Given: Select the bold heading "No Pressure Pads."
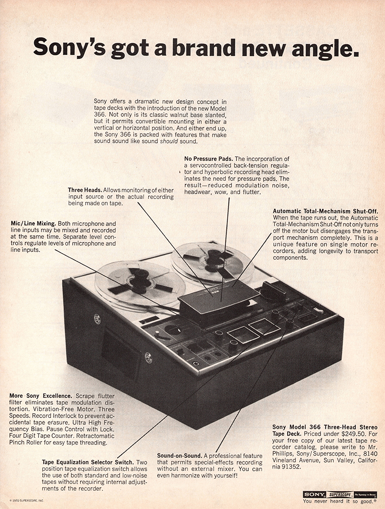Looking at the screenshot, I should pos(208,159).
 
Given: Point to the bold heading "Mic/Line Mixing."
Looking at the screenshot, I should pos(33,223).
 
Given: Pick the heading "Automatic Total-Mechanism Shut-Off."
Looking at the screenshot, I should pos(325,211).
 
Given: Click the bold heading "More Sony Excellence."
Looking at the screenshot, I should pos(41,396).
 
